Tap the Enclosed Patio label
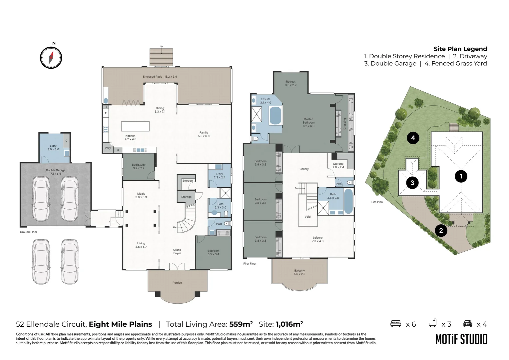(160, 77)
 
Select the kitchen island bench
(135, 126)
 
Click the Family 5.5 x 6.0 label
(204, 134)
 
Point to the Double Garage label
(56, 172)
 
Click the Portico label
(177, 283)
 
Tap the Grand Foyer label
(177, 251)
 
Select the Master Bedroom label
(308, 122)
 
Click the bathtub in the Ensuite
(275, 115)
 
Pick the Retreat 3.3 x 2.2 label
(290, 83)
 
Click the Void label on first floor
(307, 217)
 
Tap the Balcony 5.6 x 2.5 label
(299, 272)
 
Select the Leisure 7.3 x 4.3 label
(317, 239)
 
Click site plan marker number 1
(461, 176)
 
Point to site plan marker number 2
(441, 230)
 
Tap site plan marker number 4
(413, 138)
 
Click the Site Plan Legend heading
(460, 49)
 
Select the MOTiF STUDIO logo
(461, 339)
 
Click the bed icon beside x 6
(396, 324)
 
